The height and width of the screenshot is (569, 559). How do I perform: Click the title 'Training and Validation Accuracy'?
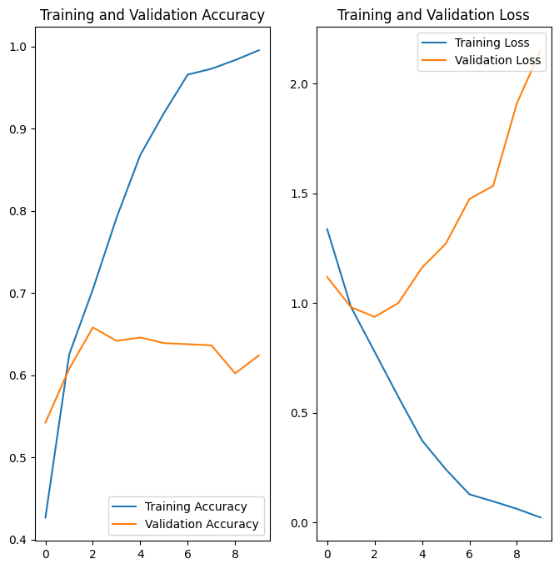[x=152, y=15]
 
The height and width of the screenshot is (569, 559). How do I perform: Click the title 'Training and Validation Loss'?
[x=433, y=15]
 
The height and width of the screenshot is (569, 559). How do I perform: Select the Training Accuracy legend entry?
[x=196, y=506]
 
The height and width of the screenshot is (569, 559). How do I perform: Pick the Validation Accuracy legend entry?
[x=202, y=525]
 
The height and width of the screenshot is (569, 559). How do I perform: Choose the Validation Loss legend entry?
[x=498, y=60]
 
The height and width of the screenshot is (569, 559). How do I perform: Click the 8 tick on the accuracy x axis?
[x=235, y=552]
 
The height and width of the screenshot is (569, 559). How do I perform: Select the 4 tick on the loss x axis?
[x=422, y=552]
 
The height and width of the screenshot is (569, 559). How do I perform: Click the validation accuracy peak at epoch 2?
[x=92, y=327]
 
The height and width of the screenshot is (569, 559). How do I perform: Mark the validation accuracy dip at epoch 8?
[x=235, y=373]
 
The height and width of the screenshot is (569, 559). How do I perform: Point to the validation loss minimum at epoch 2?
[x=375, y=317]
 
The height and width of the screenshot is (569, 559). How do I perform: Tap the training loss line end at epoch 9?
[x=541, y=518]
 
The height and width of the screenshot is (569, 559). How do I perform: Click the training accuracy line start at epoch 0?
[x=46, y=517]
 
